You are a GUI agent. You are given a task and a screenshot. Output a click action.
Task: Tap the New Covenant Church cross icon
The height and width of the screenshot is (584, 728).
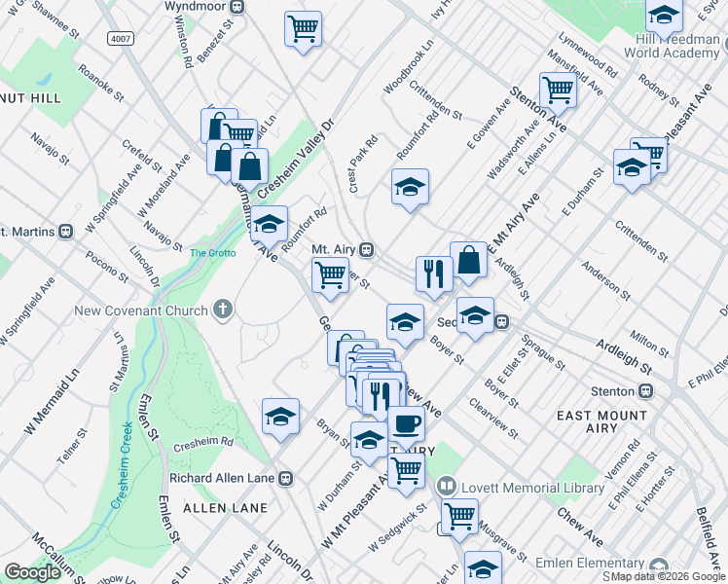pyautogui.click(x=223, y=310)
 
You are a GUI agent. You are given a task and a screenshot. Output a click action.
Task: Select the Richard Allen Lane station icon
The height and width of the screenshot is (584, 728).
pyautogui.click(x=285, y=478)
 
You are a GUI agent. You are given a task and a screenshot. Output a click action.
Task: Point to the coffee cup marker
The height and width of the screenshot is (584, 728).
pyautogui.click(x=406, y=424)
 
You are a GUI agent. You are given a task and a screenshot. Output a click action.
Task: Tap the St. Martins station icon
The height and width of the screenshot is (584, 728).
pyautogui.click(x=67, y=232)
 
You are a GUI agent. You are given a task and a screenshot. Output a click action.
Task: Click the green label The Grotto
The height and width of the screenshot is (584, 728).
pyautogui.click(x=212, y=253)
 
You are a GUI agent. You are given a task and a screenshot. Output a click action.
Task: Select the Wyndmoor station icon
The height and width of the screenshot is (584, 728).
pyautogui.click(x=237, y=6)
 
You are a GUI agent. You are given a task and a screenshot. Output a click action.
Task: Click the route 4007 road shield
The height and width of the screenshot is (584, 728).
pyautogui.click(x=121, y=39)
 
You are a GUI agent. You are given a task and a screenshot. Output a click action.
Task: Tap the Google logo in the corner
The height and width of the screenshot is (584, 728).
pyautogui.click(x=33, y=572)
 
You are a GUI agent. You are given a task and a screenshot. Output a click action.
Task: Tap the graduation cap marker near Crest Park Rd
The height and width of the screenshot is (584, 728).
pyautogui.click(x=410, y=185)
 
